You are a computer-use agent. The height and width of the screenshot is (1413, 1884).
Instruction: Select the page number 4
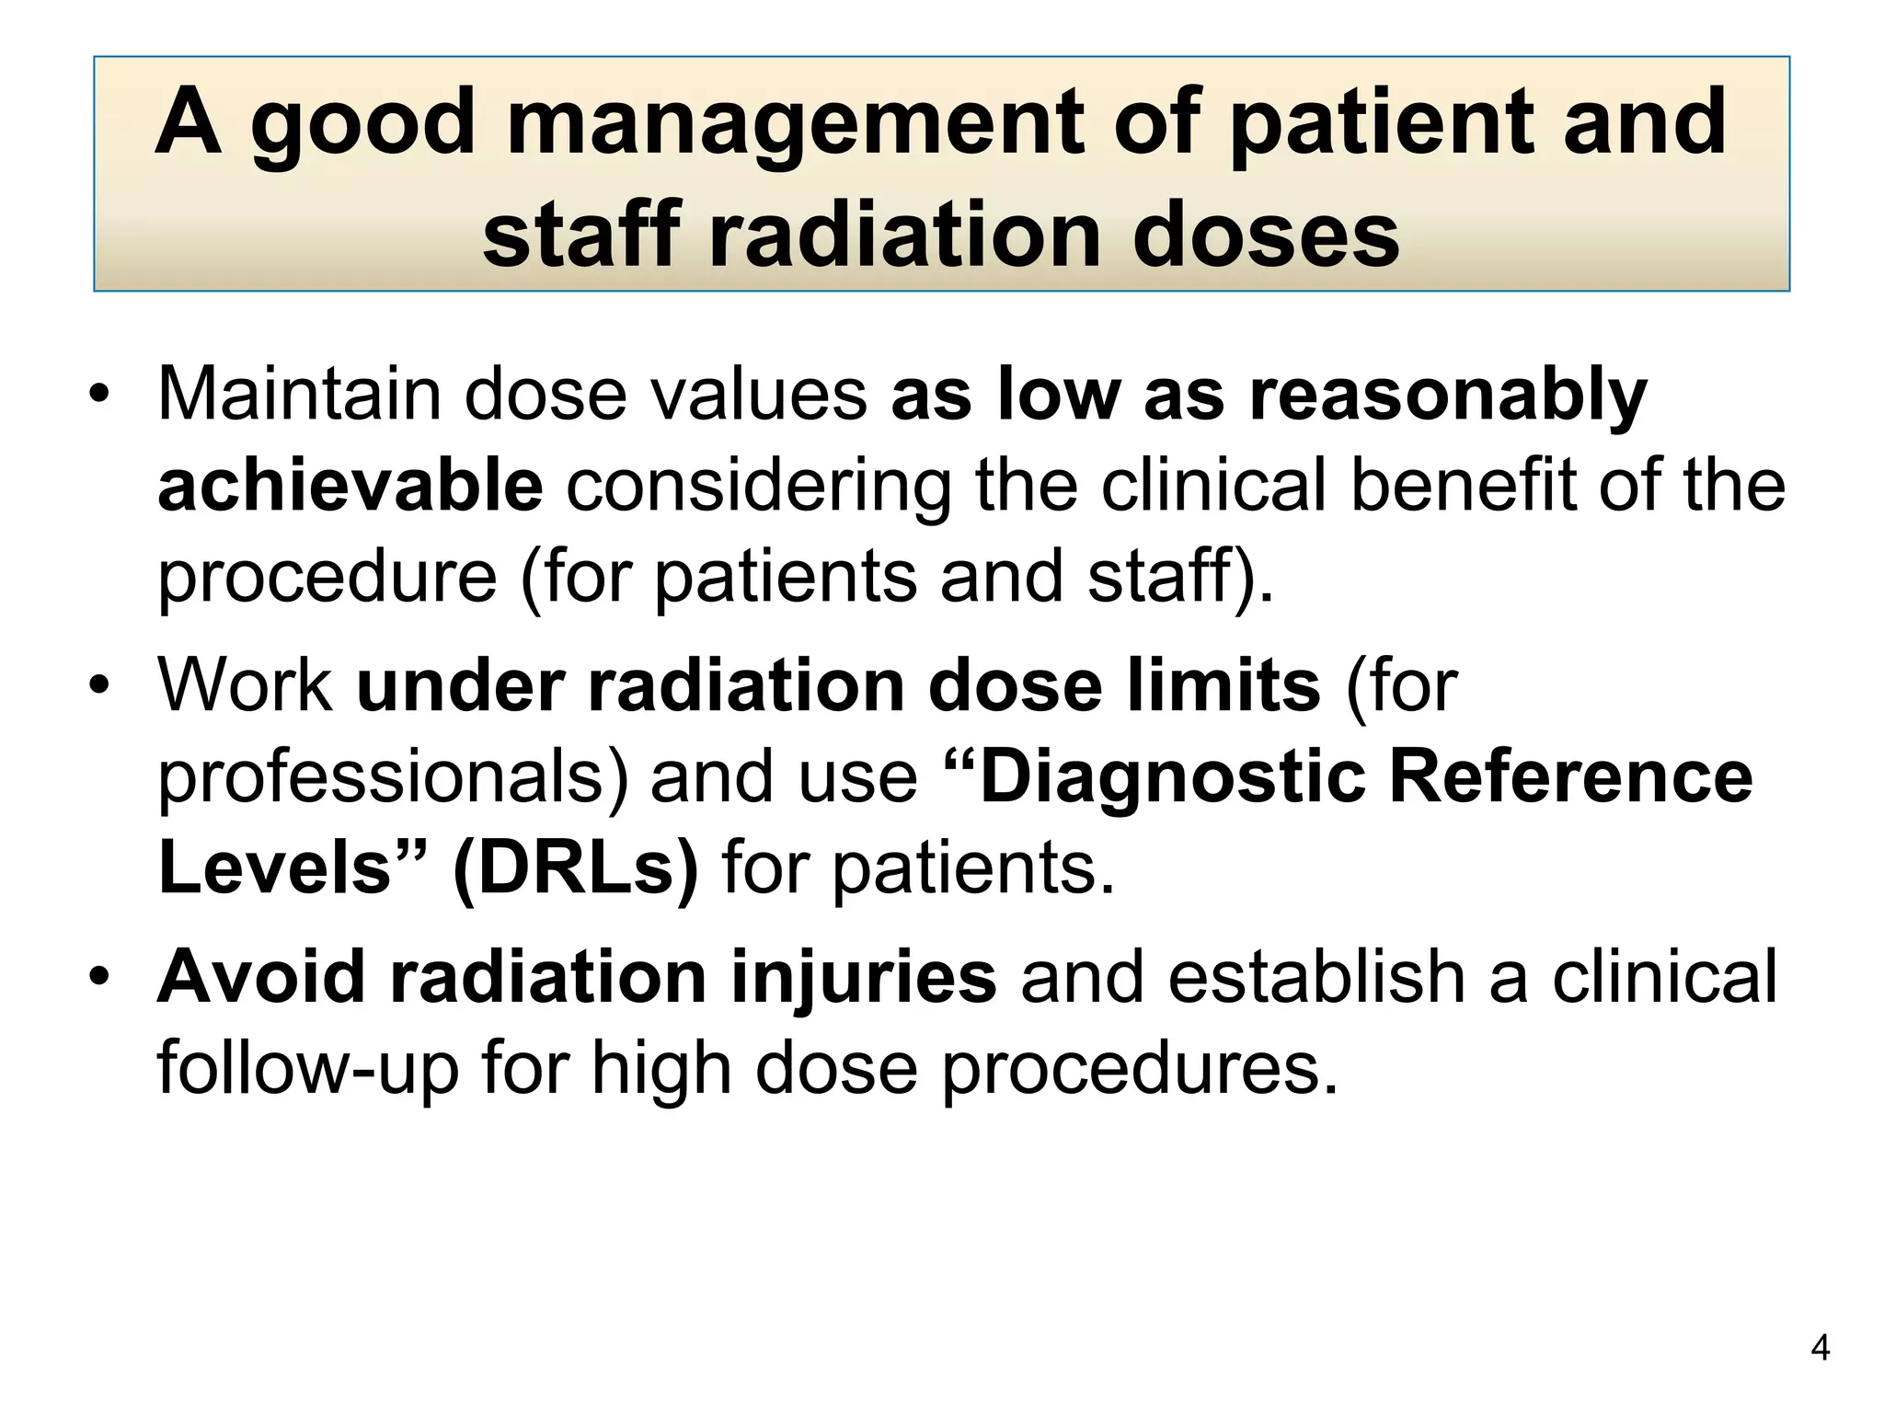(1820, 1349)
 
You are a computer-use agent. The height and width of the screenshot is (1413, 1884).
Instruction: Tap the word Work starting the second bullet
(246, 685)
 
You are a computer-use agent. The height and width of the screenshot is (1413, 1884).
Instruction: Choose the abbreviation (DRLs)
(575, 867)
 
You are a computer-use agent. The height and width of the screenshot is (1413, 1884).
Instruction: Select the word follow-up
(307, 1069)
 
